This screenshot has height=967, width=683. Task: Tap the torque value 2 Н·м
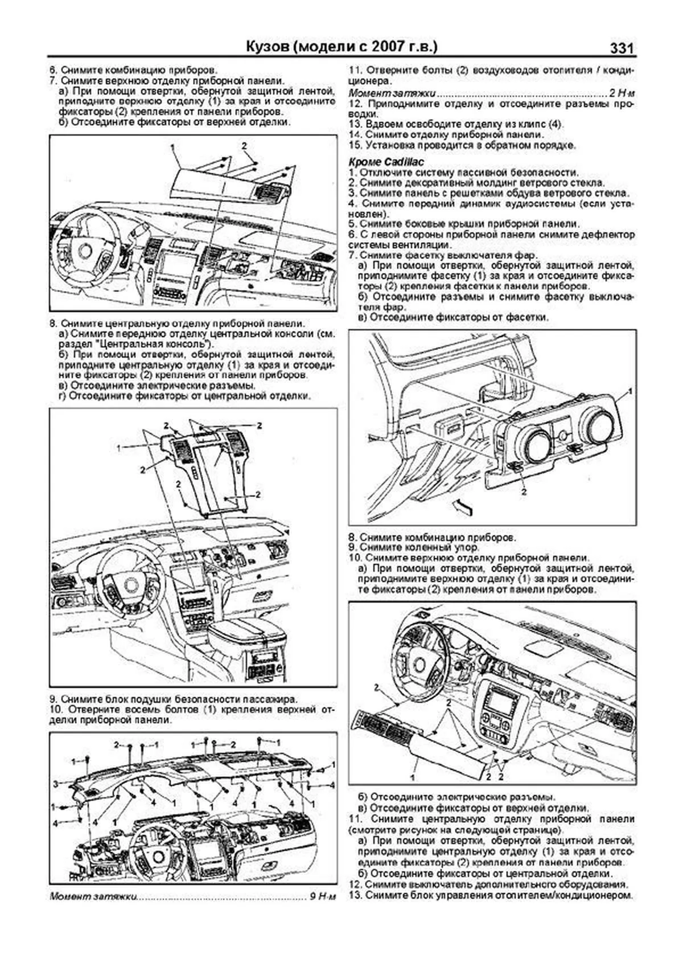[622, 93]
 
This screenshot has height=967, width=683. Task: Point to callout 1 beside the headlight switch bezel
[629, 392]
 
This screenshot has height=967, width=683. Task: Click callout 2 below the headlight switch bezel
[523, 490]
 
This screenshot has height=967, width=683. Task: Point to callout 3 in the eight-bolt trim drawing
[56, 784]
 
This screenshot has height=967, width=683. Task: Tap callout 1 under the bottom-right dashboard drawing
[411, 776]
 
